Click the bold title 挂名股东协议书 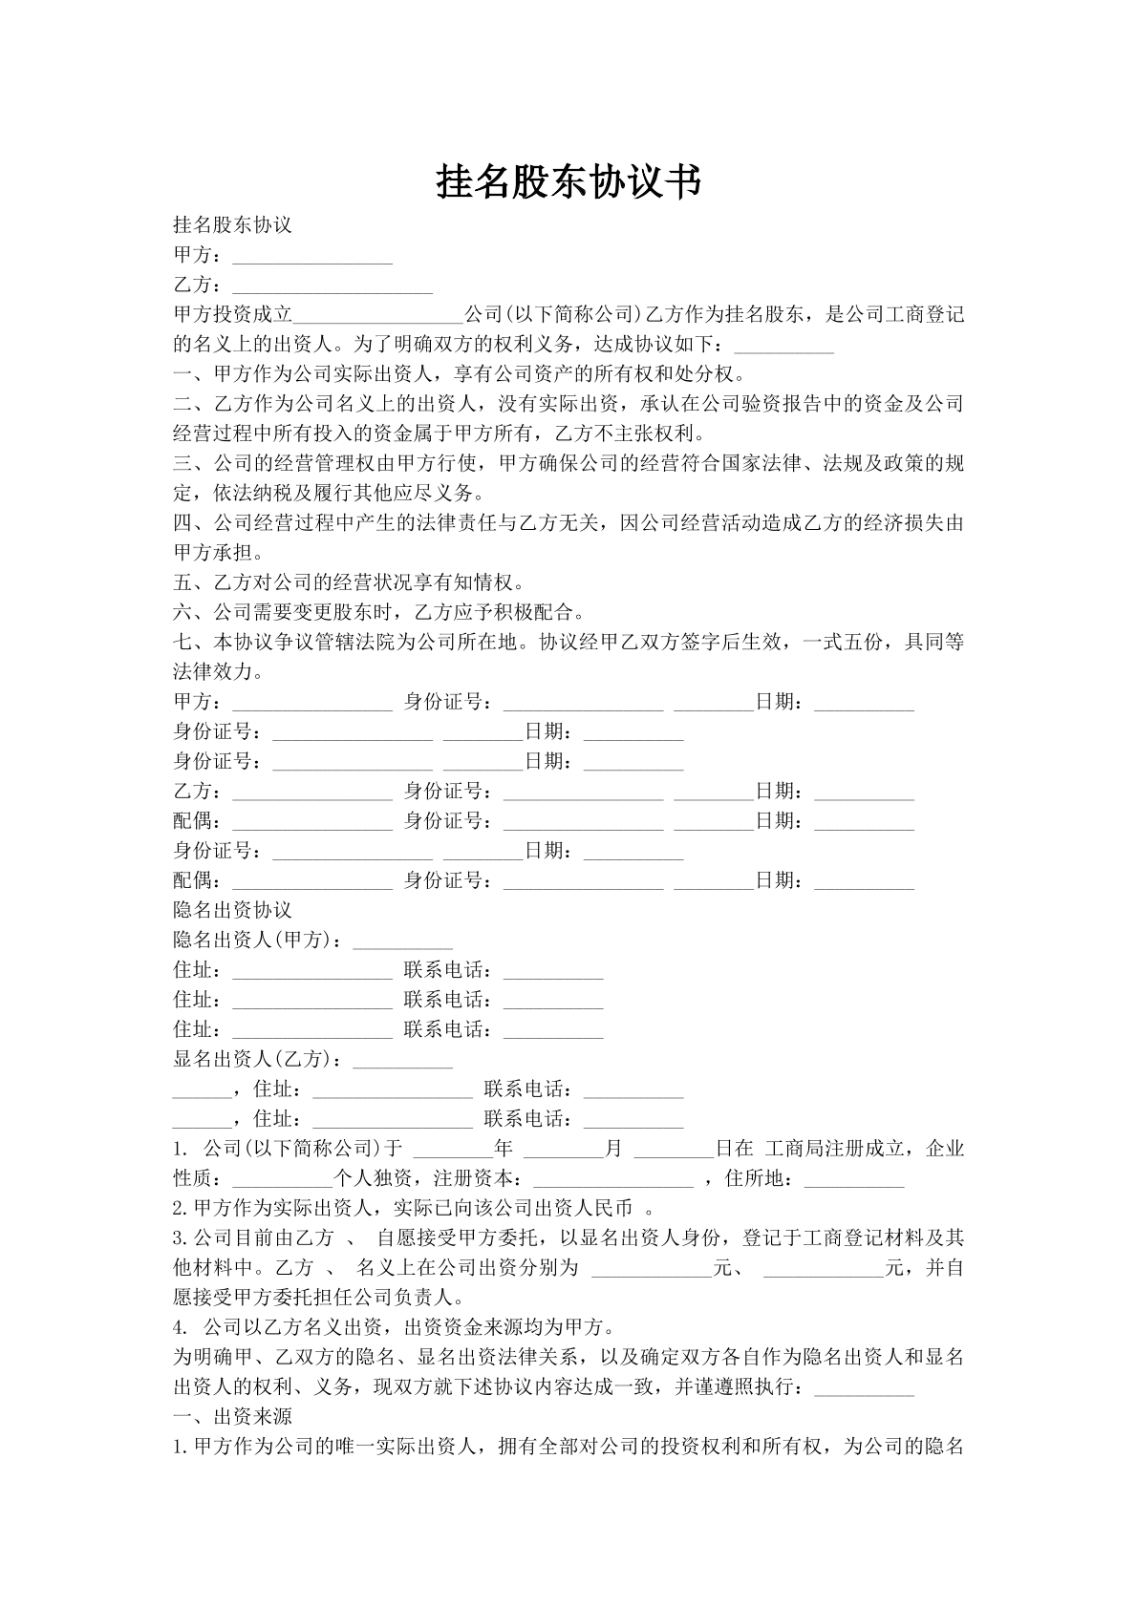point(568,181)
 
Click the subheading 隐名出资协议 point(232,910)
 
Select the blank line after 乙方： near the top point(333,285)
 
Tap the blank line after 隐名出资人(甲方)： point(402,941)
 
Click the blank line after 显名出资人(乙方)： point(402,1060)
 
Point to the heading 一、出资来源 point(232,1416)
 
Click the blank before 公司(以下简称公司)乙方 point(378,315)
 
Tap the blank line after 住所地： point(854,1179)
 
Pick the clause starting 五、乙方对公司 point(349,582)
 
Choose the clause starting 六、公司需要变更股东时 point(378,612)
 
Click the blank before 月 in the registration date point(564,1149)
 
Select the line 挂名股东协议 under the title point(232,225)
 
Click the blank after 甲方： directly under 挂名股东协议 point(312,256)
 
